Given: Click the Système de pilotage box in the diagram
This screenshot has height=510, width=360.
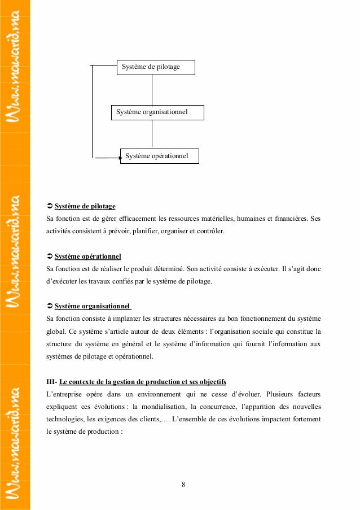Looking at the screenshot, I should click(155, 67).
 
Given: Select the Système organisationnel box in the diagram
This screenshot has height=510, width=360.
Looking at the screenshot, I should click(157, 112).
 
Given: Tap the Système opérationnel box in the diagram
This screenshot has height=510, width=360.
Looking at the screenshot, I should click(160, 155).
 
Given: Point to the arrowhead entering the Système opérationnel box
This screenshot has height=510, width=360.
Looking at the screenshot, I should click(119, 159).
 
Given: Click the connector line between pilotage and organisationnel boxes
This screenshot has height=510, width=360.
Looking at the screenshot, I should click(152, 90).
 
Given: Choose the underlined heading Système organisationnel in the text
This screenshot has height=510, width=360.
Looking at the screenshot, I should click(92, 307).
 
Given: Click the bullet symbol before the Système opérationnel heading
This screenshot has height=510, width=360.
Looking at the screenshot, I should click(49, 256).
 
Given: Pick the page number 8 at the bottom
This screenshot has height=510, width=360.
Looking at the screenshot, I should click(184, 485).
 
